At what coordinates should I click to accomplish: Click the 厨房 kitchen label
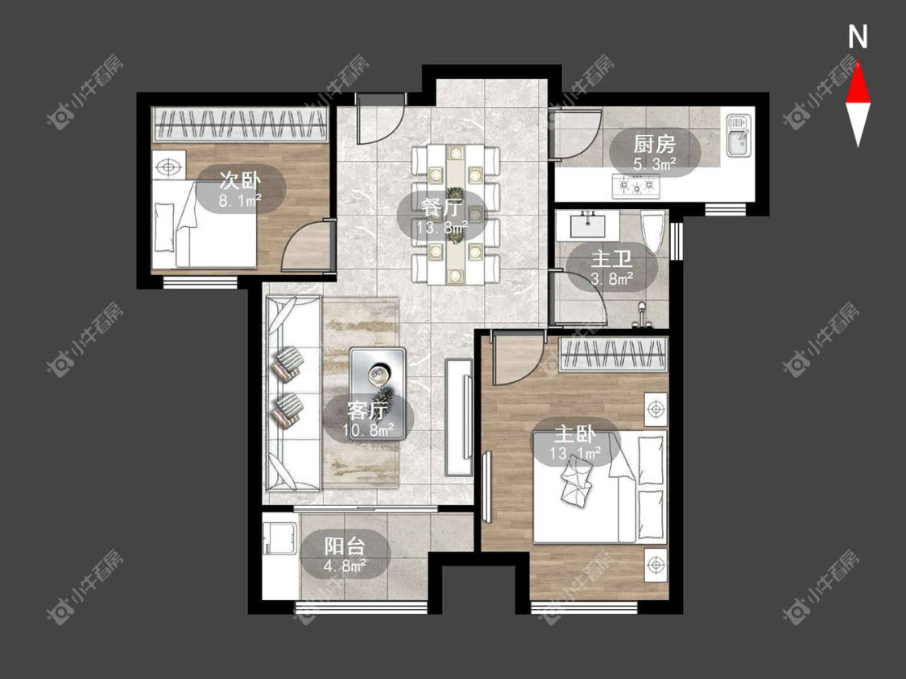click(x=654, y=144)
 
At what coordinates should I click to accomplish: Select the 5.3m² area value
click(x=655, y=164)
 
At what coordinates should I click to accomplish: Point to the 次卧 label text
click(x=240, y=181)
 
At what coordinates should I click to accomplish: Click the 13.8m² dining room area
click(x=443, y=227)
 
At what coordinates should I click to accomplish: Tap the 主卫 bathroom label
click(x=612, y=259)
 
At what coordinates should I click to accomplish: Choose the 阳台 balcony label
click(x=345, y=546)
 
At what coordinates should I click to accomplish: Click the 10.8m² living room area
click(x=368, y=430)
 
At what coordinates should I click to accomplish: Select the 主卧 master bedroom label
click(x=575, y=434)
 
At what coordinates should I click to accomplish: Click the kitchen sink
click(x=738, y=136)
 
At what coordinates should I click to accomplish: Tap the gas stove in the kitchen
click(x=636, y=186)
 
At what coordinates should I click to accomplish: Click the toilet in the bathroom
click(x=653, y=233)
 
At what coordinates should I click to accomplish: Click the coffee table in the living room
click(x=378, y=378)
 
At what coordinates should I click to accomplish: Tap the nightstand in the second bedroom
click(x=169, y=167)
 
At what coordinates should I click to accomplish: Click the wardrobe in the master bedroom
click(x=613, y=354)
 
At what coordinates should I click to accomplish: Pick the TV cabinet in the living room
click(x=459, y=417)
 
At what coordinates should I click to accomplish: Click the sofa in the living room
click(x=293, y=393)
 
